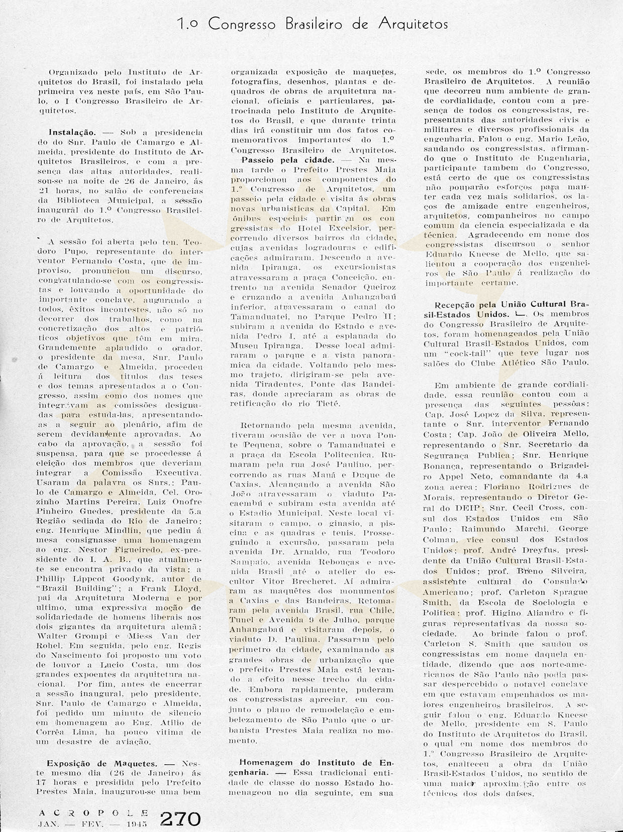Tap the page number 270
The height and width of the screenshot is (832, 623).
tap(180, 818)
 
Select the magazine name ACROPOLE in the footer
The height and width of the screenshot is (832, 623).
tap(93, 812)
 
